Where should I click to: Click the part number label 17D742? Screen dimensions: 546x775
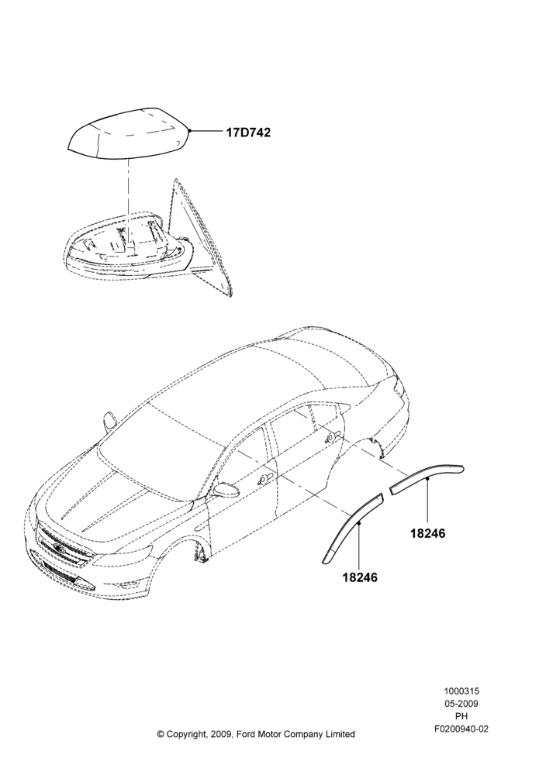click(248, 133)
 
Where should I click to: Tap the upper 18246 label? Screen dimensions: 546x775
click(428, 533)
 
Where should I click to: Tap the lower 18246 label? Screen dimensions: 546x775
click(360, 577)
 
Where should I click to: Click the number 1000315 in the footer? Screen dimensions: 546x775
click(461, 691)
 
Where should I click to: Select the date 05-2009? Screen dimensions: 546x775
click(461, 704)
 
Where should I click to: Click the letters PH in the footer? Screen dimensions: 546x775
click(461, 715)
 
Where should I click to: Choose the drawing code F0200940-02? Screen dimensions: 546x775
click(461, 728)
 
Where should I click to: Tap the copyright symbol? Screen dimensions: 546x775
click(161, 734)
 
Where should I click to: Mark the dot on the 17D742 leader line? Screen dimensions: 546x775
click(189, 130)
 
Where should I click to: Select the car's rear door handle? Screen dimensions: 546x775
click(331, 436)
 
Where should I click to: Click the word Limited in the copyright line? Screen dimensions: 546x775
click(340, 734)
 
